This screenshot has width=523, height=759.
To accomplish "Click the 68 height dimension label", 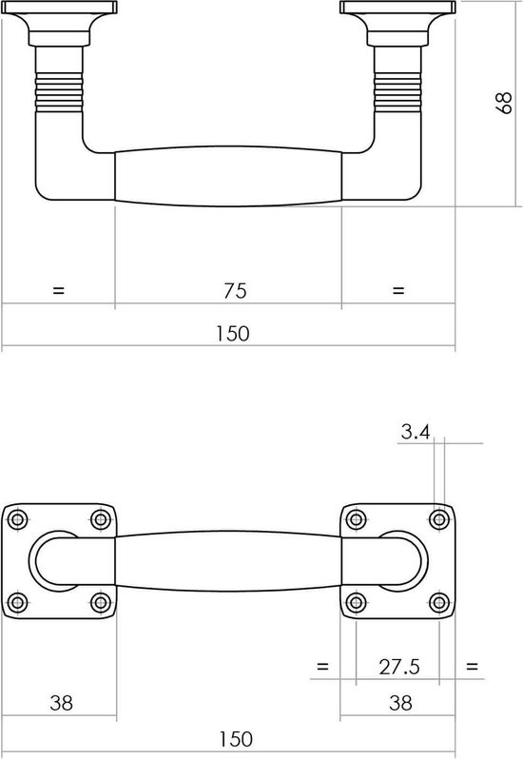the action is pos(504,103).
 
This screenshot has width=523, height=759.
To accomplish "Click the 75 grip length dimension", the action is pos(235,290).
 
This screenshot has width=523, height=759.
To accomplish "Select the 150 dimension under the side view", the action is pos(233,334).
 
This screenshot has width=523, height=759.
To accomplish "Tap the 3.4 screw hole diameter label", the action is pos(416,431).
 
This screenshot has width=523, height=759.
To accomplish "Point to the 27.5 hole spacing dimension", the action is pos(399,667).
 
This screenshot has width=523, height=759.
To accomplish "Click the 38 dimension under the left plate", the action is pos(62,703).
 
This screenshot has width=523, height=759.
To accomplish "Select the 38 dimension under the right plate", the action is pos(400,703).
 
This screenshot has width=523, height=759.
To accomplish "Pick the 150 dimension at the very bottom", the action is pos(236,739).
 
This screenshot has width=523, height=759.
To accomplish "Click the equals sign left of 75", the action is pos(58,290).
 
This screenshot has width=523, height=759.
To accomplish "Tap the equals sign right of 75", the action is pos(397,290).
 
